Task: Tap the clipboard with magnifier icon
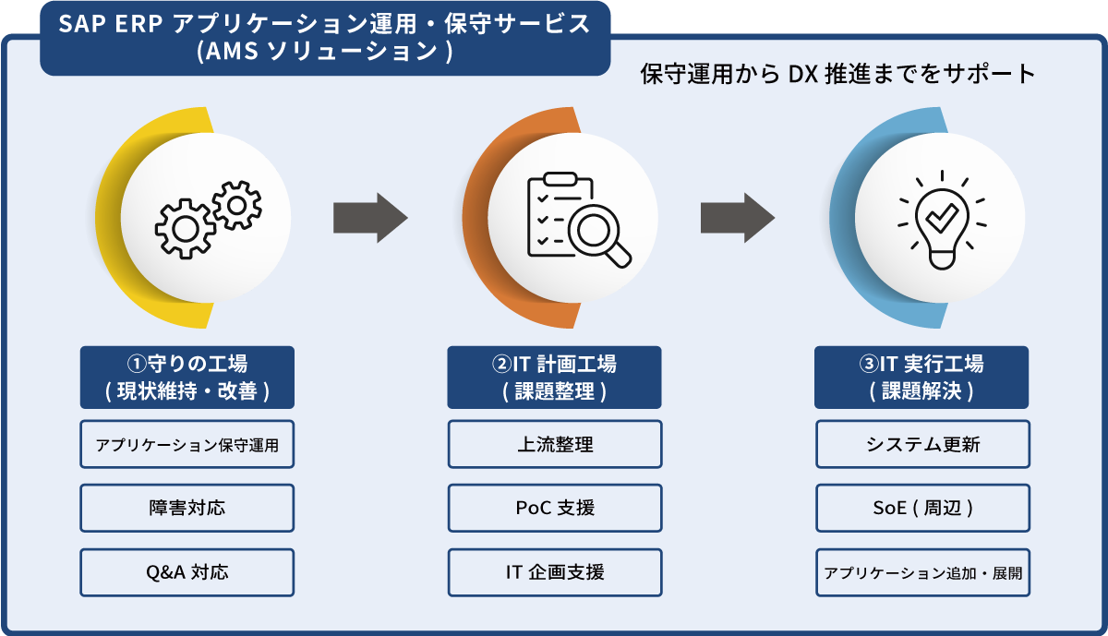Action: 574,220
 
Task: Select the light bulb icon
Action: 941,220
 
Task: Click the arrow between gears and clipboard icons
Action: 369,219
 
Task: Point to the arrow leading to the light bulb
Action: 737,219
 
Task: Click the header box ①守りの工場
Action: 187,377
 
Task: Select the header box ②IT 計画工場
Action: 554,377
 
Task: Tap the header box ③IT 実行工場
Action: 921,377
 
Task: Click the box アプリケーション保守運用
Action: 187,444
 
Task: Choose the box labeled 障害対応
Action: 187,508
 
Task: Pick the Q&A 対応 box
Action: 187,572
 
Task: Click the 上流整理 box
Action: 554,444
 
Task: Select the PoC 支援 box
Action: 554,508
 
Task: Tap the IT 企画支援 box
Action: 554,572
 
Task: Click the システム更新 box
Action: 921,444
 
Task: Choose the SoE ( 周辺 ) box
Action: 921,508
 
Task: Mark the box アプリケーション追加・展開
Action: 921,572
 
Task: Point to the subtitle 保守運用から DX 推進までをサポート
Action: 838,75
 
